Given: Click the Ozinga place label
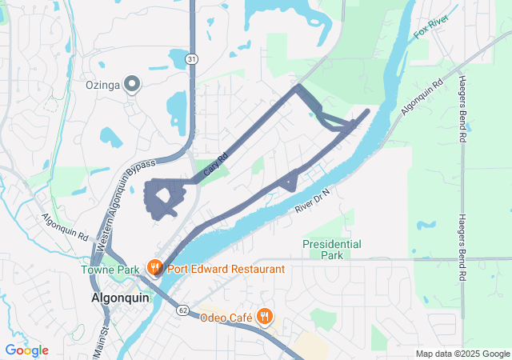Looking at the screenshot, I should (102, 84).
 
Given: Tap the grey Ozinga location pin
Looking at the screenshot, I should (132, 84).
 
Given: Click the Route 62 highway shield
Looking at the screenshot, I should (183, 310).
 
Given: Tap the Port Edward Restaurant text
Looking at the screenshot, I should (226, 269).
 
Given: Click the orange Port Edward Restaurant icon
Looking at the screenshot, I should (154, 269).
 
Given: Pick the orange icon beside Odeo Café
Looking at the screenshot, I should (265, 317).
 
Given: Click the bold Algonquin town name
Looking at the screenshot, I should (116, 298).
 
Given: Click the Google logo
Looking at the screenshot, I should (26, 350).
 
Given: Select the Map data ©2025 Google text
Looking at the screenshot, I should (462, 354).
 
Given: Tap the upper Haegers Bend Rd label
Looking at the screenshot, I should (462, 108).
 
